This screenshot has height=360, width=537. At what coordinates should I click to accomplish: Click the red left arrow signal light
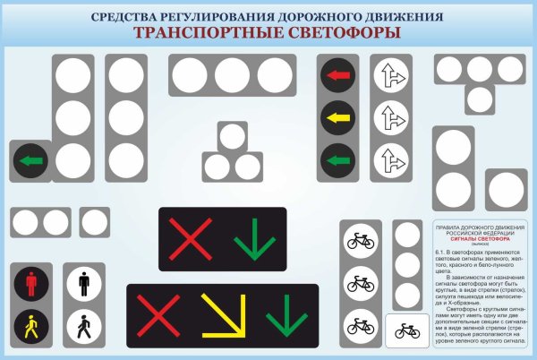(337, 76)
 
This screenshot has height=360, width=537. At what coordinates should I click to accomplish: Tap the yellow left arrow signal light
(337, 117)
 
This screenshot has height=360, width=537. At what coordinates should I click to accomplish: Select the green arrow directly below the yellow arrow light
(337, 160)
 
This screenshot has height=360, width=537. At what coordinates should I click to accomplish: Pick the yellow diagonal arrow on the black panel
(220, 313)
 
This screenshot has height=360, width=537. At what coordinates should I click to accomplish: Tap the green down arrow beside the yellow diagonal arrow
(286, 316)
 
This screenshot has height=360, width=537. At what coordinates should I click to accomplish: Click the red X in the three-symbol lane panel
(158, 315)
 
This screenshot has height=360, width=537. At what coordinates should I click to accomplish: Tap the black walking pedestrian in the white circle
(83, 327)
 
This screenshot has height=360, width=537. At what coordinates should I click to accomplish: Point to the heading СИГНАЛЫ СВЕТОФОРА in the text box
(480, 240)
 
